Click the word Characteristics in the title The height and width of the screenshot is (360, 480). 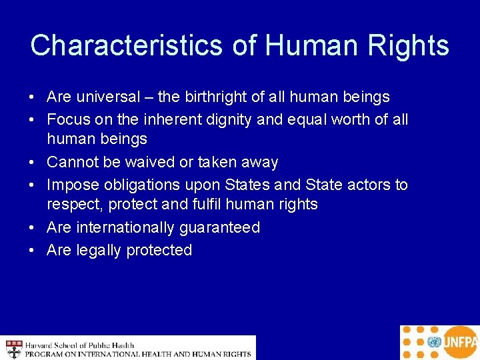click(x=126, y=45)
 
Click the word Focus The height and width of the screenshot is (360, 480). click(x=67, y=120)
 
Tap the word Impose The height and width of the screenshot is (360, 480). click(x=71, y=185)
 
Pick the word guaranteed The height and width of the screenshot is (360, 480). click(x=219, y=227)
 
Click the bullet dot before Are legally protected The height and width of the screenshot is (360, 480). click(x=33, y=251)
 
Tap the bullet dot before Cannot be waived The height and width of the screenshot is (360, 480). click(x=33, y=163)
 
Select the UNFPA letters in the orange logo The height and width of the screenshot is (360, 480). click(x=459, y=343)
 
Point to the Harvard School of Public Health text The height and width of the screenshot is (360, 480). click(x=80, y=345)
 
